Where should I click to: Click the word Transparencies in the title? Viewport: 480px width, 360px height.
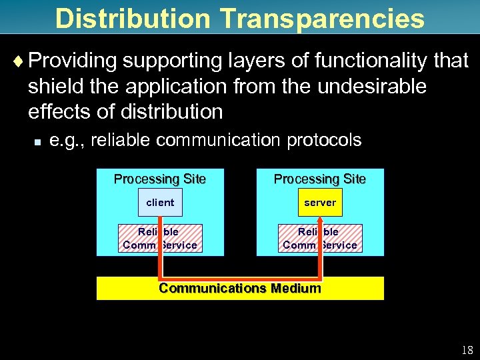pyautogui.click(x=311, y=18)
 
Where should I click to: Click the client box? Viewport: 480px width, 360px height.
pyautogui.click(x=160, y=202)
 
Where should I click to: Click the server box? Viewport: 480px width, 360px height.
pyautogui.click(x=320, y=202)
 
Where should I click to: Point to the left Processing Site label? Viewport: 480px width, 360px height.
pyautogui.click(x=160, y=179)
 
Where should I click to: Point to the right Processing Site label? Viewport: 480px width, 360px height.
pyautogui.click(x=320, y=179)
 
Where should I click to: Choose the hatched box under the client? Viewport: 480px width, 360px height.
pyautogui.click(x=160, y=239)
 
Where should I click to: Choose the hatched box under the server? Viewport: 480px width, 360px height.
pyautogui.click(x=321, y=239)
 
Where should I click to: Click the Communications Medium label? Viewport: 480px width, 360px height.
pyautogui.click(x=240, y=289)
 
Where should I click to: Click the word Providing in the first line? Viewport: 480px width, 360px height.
pyautogui.click(x=73, y=61)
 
